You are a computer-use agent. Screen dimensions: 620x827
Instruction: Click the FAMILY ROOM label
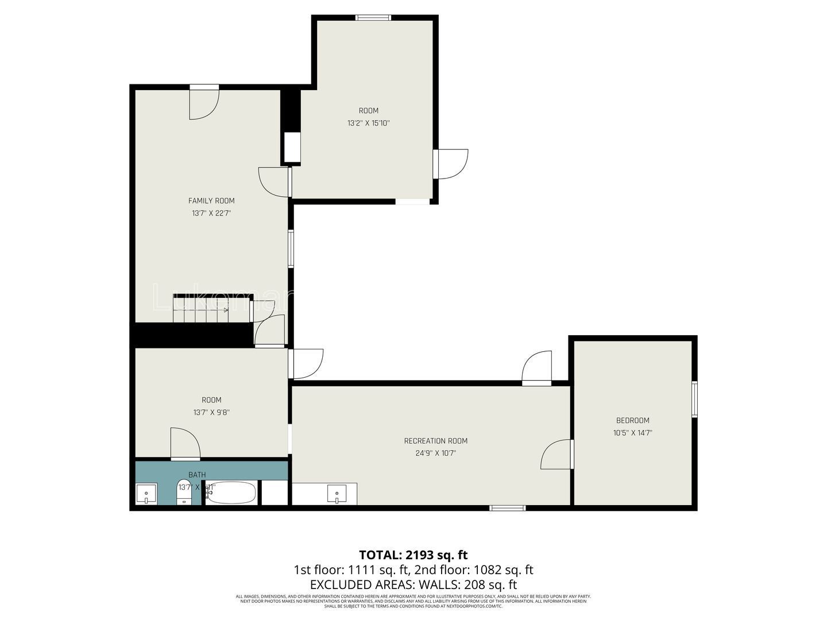tap(211, 201)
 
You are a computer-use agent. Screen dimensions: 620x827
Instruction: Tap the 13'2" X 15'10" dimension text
tap(369, 123)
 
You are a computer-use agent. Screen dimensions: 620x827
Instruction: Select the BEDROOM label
tap(632, 420)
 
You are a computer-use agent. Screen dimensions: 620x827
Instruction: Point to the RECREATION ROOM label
tap(435, 441)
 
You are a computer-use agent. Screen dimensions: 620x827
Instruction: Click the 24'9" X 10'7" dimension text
tap(435, 453)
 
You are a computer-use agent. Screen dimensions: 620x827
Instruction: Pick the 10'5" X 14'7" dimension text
tap(632, 433)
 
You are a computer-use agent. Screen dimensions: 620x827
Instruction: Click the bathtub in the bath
tap(231, 493)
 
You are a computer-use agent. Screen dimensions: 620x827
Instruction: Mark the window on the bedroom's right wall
tap(694, 399)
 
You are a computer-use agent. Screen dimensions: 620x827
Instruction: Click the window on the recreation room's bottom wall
tap(507, 507)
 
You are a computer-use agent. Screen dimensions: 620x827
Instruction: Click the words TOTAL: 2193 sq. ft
tap(413, 555)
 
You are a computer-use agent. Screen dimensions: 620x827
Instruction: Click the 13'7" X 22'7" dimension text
tap(211, 213)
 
